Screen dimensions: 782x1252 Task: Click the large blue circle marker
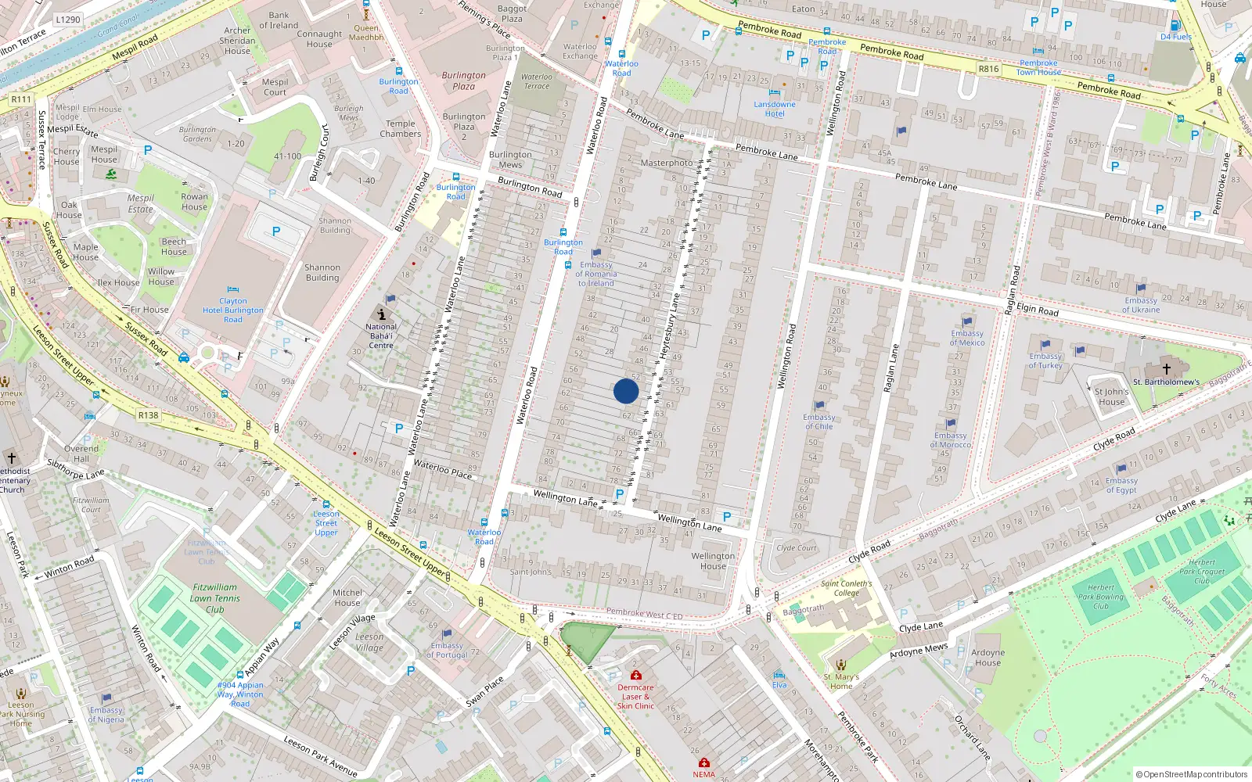tap(626, 391)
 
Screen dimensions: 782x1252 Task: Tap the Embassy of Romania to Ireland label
tap(596, 274)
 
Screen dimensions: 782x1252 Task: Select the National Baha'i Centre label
tap(381, 335)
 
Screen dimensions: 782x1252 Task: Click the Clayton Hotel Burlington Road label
tap(233, 310)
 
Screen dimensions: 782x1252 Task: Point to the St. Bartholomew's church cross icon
tap(1166, 368)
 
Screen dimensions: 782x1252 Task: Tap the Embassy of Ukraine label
tap(1141, 305)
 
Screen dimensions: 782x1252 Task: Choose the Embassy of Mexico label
tap(967, 338)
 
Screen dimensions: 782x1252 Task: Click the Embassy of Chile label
tap(818, 421)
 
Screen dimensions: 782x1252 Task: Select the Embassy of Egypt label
tap(1121, 486)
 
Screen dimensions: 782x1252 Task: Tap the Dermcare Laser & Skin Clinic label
tap(635, 696)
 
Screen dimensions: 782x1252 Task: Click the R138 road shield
tap(149, 415)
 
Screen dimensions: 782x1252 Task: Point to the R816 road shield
tap(988, 69)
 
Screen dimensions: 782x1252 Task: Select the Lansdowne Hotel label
tap(775, 109)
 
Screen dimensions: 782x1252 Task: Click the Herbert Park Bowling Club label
tap(1100, 597)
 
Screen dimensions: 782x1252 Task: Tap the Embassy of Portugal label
tap(448, 650)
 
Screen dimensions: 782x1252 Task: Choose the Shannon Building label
tap(322, 272)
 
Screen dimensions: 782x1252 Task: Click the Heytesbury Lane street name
tap(671, 325)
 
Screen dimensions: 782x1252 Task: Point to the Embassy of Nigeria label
tap(106, 715)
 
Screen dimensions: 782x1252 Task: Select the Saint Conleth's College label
tap(846, 588)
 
